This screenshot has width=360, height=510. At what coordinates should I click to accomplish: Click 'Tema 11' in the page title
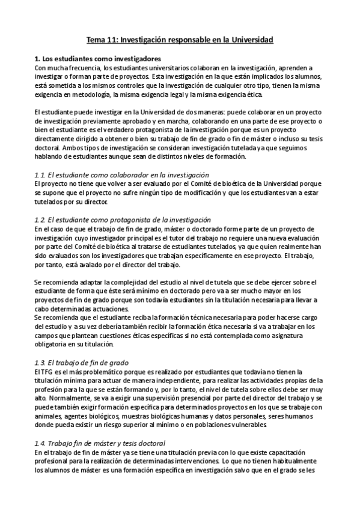click(102, 40)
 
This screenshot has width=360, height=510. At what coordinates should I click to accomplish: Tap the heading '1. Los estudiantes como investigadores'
click(97, 59)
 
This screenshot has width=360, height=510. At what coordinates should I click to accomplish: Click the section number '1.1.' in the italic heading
click(40, 175)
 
